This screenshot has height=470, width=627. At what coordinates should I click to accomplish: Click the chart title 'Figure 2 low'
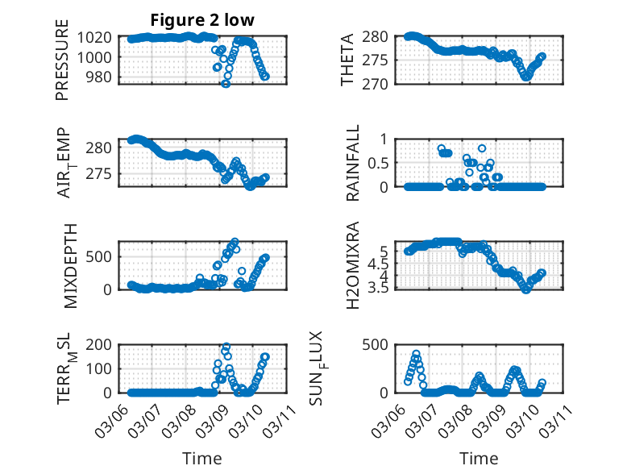(203, 20)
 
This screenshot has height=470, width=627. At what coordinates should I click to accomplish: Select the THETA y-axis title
(348, 60)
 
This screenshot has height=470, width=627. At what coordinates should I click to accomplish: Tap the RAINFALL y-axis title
(354, 163)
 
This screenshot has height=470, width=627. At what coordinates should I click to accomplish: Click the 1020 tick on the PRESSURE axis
(99, 37)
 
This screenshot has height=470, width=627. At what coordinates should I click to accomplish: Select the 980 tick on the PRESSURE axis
(103, 77)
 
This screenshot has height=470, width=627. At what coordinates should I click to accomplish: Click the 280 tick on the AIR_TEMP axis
(103, 148)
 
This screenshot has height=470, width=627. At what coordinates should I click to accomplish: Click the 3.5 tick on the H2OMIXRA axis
(380, 288)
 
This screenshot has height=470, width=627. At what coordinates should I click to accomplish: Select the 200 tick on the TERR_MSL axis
(103, 344)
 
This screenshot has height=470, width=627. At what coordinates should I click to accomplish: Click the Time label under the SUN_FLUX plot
(479, 458)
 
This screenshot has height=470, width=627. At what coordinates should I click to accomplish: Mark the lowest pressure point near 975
(226, 83)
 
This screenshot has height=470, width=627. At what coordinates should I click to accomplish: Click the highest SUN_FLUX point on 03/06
(417, 354)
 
